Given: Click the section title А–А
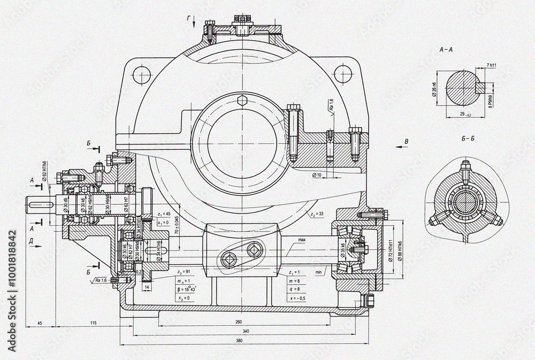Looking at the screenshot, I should (x=446, y=49).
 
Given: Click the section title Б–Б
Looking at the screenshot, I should (x=468, y=139).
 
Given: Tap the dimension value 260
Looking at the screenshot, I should (x=239, y=322).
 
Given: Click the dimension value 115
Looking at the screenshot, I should (x=93, y=323).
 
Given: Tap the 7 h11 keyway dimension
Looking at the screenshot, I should (x=492, y=65).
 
